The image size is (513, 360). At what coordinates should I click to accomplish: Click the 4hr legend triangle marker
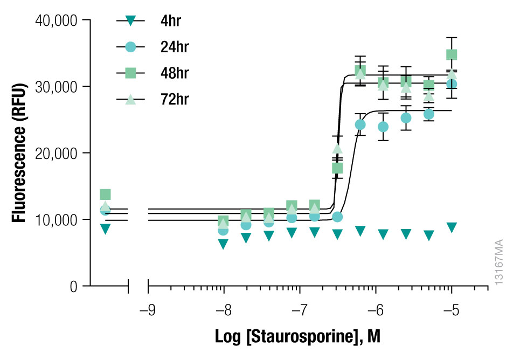(130, 21)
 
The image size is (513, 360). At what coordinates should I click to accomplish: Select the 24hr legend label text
(175, 47)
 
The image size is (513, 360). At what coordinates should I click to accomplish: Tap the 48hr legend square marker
(130, 73)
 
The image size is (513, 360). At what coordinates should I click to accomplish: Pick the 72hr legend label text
(175, 99)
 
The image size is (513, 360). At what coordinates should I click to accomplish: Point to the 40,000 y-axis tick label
(57, 20)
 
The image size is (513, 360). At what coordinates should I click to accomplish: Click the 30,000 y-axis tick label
(57, 87)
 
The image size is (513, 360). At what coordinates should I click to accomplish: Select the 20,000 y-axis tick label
(57, 154)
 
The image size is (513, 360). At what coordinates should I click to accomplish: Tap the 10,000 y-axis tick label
(57, 220)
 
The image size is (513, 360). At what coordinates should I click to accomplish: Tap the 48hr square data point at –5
(452, 54)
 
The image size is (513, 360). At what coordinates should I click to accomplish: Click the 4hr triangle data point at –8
(224, 244)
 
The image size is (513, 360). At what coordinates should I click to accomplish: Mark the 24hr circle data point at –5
(452, 84)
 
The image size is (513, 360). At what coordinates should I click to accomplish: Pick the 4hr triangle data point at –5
(452, 227)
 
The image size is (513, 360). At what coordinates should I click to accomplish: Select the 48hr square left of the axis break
(105, 195)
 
